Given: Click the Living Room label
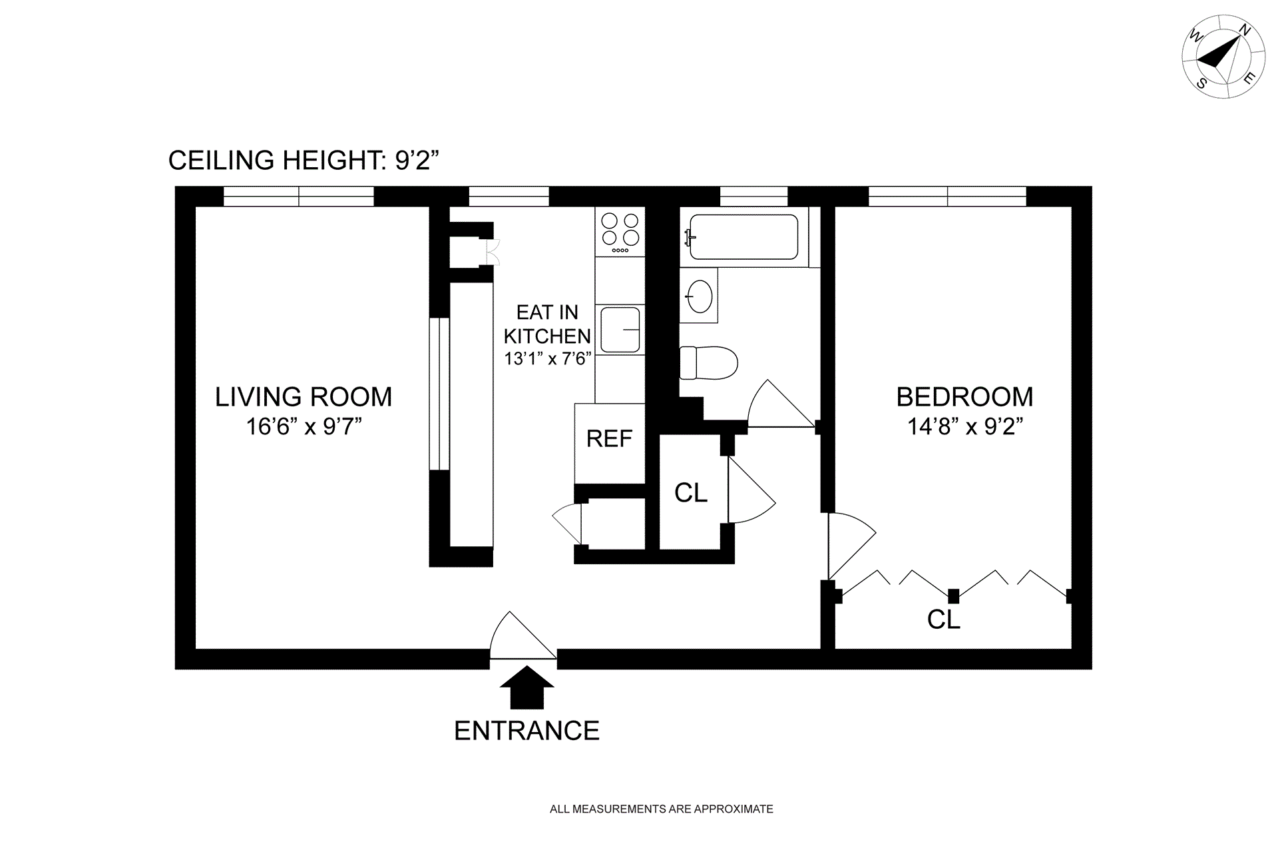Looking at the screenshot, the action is (304, 397).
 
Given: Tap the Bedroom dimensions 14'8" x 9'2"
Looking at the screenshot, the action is (965, 426).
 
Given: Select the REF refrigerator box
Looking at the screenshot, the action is (610, 444).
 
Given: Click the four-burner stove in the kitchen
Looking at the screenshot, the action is (620, 232).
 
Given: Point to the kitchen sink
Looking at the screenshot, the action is (620, 329).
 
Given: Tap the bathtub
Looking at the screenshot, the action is (743, 236).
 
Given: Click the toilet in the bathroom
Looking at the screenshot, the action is (709, 363).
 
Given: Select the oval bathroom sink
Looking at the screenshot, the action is (700, 295).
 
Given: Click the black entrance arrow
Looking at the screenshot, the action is (527, 687).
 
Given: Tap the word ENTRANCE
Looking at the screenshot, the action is (527, 731).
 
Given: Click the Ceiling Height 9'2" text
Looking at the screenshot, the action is (304, 161).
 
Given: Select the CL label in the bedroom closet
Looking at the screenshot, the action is (943, 620).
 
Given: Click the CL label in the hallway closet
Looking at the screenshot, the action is (691, 493).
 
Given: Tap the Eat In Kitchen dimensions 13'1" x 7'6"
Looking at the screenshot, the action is (548, 359).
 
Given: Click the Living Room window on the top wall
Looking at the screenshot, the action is (298, 197).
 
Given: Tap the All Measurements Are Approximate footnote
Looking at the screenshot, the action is (662, 809).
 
